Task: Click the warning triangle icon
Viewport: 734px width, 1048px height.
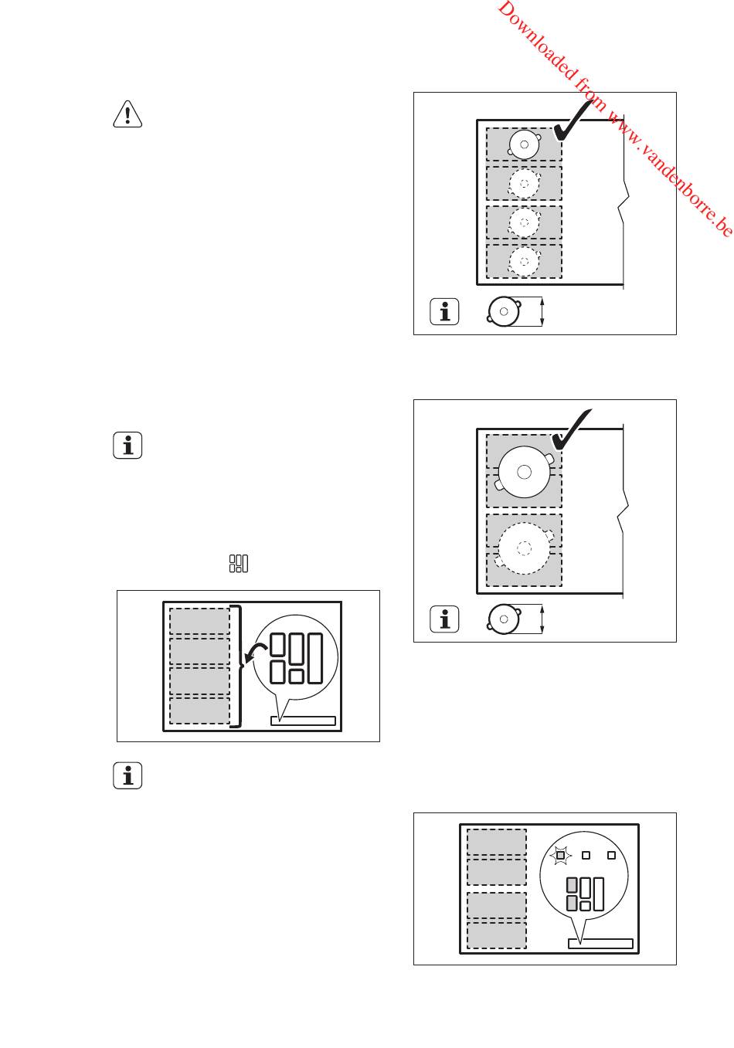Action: tap(127, 115)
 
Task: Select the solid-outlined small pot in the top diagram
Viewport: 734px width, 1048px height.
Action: tap(525, 144)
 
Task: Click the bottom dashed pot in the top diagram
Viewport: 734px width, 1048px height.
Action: tap(525, 261)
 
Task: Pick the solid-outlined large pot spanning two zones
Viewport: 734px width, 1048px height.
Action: tap(525, 472)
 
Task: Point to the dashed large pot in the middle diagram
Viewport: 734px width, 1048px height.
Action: tap(525, 548)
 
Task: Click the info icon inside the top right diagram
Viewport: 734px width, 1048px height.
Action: tap(444, 312)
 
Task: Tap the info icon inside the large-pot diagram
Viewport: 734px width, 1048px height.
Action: tap(444, 619)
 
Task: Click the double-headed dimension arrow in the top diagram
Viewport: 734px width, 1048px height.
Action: tap(542, 312)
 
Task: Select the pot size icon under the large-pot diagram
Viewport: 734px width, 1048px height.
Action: tap(504, 619)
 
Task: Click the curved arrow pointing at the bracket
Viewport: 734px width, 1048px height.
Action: tap(252, 656)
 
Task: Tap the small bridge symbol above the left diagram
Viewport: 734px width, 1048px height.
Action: tap(239, 564)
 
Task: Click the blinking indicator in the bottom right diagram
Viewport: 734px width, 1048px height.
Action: tap(561, 855)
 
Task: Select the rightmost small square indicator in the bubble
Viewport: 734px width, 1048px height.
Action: tap(611, 855)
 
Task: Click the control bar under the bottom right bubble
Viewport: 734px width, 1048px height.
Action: tap(600, 943)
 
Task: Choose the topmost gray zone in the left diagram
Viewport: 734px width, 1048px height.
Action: tap(199, 621)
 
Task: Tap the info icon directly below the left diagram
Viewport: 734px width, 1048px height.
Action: tap(127, 776)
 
